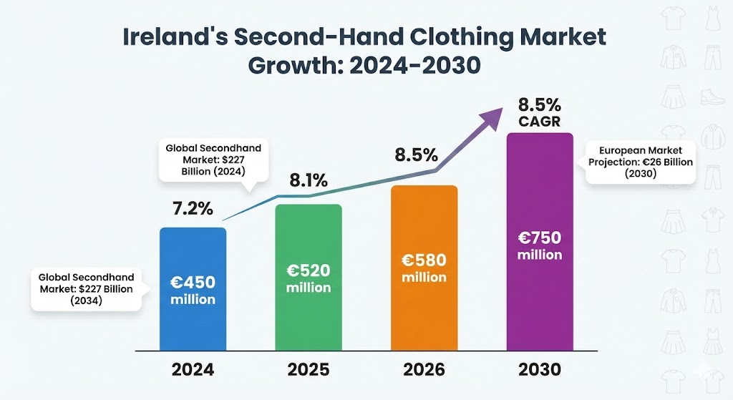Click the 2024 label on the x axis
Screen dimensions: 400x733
tap(193, 370)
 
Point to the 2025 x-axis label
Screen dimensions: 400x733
tap(309, 370)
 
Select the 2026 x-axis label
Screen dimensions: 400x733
tap(424, 370)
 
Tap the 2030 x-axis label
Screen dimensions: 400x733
tap(540, 370)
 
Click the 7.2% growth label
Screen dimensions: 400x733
tap(193, 210)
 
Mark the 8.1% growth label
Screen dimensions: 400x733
tap(308, 181)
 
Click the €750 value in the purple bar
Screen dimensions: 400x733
tap(540, 238)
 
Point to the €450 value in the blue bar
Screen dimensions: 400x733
tap(193, 282)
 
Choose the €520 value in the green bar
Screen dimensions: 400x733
tap(309, 270)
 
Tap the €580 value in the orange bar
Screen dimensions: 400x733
tap(424, 260)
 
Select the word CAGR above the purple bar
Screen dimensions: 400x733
tap(540, 122)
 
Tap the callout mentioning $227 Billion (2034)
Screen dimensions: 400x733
tap(87, 288)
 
